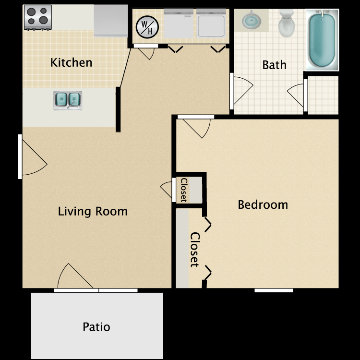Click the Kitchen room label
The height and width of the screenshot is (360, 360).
coord(71,62)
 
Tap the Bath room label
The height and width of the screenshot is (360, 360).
coord(274,65)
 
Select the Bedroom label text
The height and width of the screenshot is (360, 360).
coord(263,205)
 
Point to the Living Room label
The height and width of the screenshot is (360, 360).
coord(93,211)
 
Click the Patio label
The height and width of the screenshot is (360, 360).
coord(96,327)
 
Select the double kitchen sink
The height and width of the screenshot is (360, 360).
coord(67,100)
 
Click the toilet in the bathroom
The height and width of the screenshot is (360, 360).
coord(287,24)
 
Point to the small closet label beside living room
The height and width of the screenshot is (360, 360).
coord(183,190)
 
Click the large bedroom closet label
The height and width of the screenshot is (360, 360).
coord(194,250)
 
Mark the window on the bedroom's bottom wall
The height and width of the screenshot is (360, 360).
coord(274,290)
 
